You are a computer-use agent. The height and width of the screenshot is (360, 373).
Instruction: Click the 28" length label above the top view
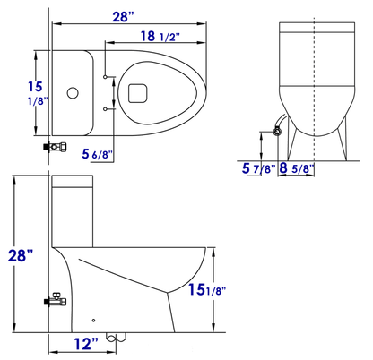[123, 17]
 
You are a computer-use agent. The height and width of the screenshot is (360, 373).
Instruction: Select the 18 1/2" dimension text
[160, 37]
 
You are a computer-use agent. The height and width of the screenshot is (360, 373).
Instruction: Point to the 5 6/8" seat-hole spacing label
[98, 154]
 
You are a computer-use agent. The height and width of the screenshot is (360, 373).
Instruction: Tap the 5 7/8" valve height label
[258, 168]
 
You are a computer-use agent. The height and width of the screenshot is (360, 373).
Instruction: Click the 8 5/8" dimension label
[297, 168]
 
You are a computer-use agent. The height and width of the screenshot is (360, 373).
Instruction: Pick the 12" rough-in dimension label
[86, 344]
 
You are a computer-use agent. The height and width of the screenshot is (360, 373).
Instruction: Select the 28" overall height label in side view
[21, 255]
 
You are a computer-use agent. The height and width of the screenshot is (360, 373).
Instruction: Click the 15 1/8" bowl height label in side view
[207, 289]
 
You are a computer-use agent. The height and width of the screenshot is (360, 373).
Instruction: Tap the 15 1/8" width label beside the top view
[38, 93]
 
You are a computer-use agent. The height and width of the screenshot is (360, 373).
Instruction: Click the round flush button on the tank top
[73, 93]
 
